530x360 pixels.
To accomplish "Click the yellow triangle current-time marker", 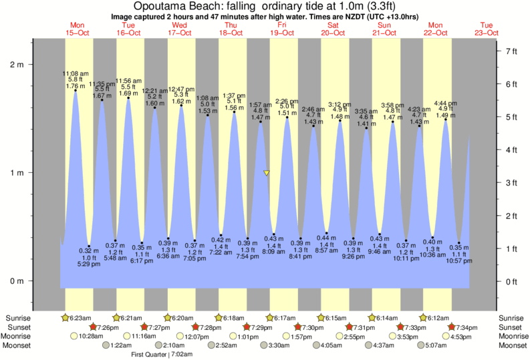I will [267, 173].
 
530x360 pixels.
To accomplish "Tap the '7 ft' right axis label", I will [511, 51].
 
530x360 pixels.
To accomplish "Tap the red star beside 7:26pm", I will [94, 327].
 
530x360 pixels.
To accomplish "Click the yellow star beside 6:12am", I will [424, 317].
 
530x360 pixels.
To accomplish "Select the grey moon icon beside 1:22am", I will [107, 346].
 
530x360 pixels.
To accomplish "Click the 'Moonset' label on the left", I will [21, 346].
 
